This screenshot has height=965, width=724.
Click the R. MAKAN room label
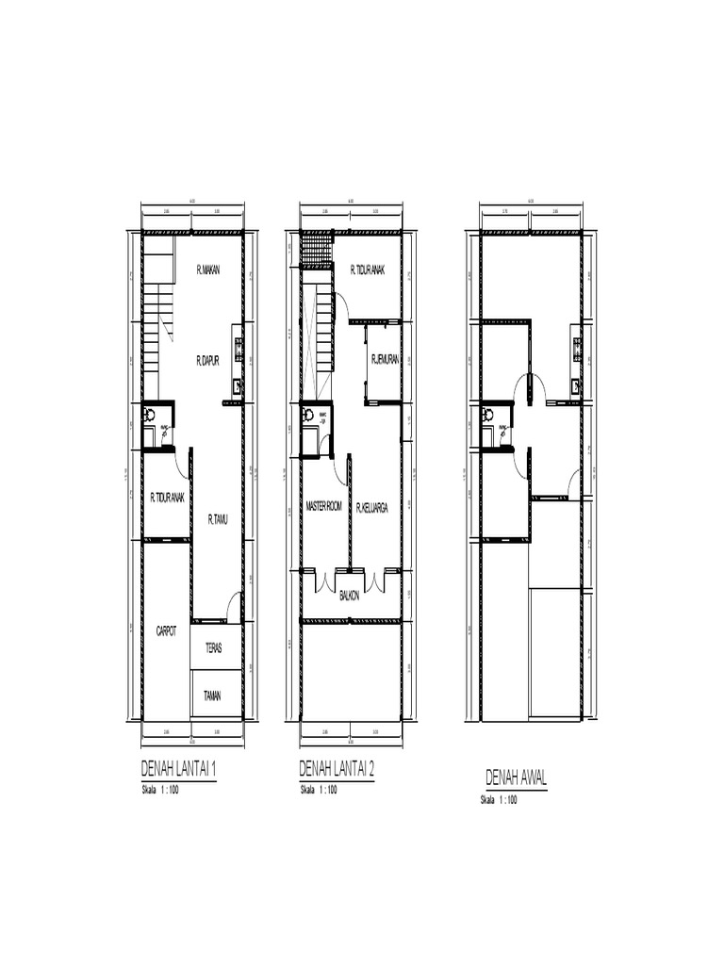click(x=207, y=270)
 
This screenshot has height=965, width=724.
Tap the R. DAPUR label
click(x=207, y=360)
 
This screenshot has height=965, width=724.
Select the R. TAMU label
click(x=219, y=518)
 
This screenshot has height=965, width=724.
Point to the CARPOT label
click(x=166, y=631)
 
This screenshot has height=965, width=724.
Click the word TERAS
click(x=213, y=648)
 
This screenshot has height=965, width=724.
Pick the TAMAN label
click(x=213, y=696)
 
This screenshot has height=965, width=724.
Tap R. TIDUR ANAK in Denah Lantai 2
click(x=367, y=270)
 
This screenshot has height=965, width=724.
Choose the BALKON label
click(x=350, y=597)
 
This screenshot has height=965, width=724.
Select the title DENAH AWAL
click(x=516, y=778)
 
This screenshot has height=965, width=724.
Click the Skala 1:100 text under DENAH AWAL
click(x=501, y=800)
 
